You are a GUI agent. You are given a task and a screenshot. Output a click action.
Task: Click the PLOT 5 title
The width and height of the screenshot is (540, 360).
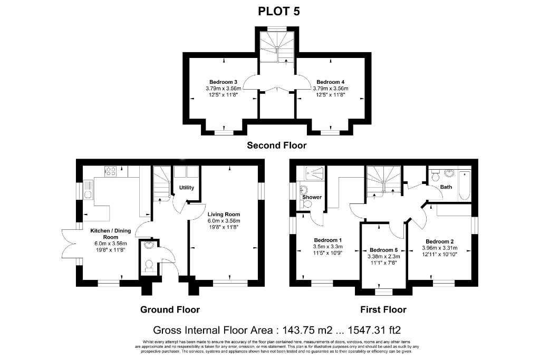(x=279, y=12)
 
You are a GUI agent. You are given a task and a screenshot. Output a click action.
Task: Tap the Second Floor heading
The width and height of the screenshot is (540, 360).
(x=276, y=145)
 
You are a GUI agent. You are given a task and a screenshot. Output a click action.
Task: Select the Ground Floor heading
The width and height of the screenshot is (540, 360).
(x=170, y=309)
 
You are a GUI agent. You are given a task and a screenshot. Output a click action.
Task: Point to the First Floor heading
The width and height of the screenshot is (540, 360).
(x=383, y=309)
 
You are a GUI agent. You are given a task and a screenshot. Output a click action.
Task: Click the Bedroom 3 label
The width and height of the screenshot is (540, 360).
(x=223, y=82)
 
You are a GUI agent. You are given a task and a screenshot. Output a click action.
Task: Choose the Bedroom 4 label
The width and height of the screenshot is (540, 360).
(x=330, y=82)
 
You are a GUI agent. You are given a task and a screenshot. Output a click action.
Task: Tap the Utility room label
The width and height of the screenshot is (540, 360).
(x=187, y=188)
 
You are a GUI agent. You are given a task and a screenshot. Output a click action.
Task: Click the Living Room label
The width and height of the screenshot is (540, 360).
(x=224, y=215)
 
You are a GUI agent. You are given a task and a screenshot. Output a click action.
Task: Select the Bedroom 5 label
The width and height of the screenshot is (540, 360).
(x=384, y=250)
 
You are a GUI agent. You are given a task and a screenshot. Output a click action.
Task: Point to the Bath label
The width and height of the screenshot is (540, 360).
(x=446, y=187)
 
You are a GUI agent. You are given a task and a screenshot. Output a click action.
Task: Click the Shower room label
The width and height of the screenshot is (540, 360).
(x=312, y=197)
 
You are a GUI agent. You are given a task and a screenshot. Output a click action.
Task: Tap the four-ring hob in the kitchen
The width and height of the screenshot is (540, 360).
(x=111, y=171)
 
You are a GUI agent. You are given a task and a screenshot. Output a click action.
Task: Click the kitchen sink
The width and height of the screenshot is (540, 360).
(x=88, y=190)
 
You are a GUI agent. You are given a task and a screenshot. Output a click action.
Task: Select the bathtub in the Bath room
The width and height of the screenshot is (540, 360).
(x=465, y=185)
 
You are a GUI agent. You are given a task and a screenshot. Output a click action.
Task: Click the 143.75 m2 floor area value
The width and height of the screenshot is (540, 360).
(x=307, y=330)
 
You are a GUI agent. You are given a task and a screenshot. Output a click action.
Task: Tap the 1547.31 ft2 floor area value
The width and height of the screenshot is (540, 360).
(x=374, y=330)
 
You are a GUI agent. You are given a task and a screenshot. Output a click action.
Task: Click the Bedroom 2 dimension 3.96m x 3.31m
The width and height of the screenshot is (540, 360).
(x=440, y=248)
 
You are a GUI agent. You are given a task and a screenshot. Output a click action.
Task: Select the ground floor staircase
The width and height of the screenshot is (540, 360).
(x=161, y=183)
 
